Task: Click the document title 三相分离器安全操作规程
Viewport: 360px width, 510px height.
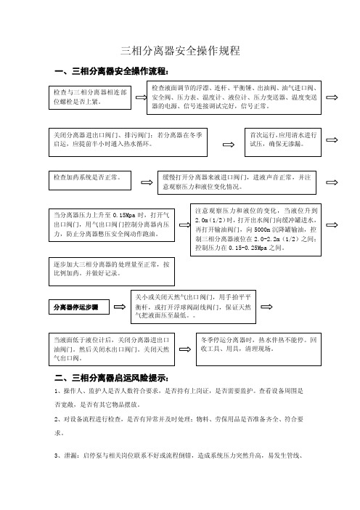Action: click(x=180, y=51)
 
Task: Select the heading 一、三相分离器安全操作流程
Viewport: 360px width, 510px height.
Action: click(x=112, y=71)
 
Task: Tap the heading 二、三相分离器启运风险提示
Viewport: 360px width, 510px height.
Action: click(x=112, y=378)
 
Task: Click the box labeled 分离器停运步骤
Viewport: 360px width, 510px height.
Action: click(x=79, y=307)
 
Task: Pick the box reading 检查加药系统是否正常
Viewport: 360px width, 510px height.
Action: click(x=90, y=180)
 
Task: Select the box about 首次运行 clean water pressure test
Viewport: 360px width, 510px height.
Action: click(x=283, y=142)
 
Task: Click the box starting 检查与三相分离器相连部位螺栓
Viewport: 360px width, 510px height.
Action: click(x=90, y=97)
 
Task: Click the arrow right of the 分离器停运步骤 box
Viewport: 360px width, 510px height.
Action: click(x=120, y=307)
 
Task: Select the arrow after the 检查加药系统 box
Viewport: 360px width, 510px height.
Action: click(x=147, y=182)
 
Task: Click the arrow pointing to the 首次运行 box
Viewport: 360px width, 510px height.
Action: click(x=229, y=145)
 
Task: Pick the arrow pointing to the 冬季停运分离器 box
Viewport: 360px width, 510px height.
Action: click(x=185, y=349)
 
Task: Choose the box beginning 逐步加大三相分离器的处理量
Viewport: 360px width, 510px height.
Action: click(x=112, y=272)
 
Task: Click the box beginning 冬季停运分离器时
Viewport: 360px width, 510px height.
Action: click(x=258, y=349)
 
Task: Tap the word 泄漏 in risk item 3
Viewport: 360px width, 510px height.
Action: click(x=70, y=456)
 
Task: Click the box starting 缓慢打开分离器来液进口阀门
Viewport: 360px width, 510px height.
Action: click(x=237, y=182)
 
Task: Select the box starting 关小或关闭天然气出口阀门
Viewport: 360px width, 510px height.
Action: click(x=193, y=307)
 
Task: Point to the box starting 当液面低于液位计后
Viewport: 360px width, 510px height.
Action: click(x=112, y=349)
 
